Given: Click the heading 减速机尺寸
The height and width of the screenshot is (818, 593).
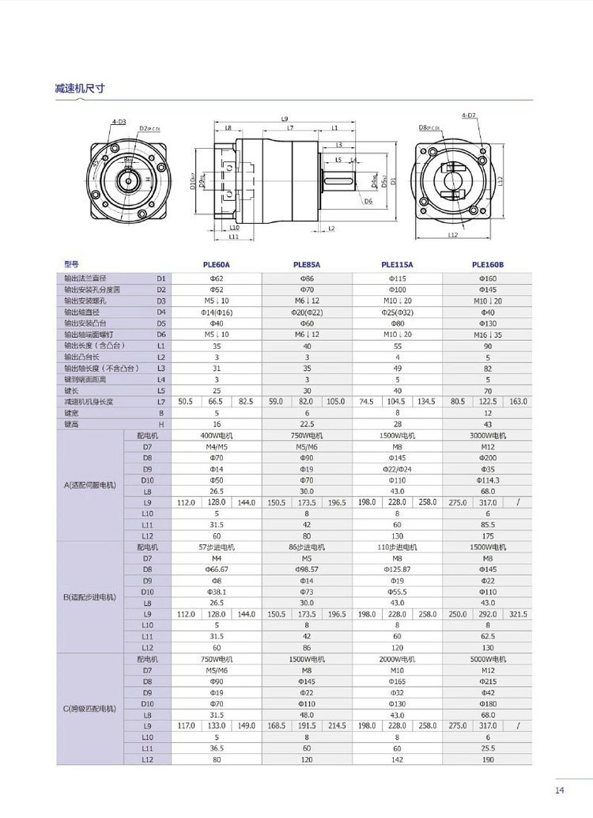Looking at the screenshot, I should (x=75, y=89).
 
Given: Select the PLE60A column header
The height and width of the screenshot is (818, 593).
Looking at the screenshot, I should (x=217, y=265).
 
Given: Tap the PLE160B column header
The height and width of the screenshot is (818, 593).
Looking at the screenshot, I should (x=488, y=265).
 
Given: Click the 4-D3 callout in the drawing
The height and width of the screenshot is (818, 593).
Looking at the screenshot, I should (x=119, y=122).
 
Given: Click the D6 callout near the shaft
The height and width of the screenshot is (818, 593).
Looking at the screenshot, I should (x=369, y=201).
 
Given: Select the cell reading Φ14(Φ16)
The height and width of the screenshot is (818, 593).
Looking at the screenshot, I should (x=217, y=312).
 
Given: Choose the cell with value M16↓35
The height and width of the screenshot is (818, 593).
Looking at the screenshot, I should (x=488, y=335).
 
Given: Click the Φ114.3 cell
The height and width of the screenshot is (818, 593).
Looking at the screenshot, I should (x=488, y=480).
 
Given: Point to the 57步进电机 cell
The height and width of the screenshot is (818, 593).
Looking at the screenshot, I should (x=217, y=547).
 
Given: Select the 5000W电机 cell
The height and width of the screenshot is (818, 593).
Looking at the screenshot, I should (x=488, y=659).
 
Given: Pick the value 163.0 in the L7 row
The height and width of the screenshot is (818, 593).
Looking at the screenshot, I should (x=518, y=402).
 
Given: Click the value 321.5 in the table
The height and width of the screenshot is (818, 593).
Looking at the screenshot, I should (x=518, y=614).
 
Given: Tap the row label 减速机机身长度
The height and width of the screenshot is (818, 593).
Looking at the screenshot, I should (x=85, y=402).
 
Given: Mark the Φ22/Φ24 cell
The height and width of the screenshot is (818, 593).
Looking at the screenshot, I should (x=398, y=469).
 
